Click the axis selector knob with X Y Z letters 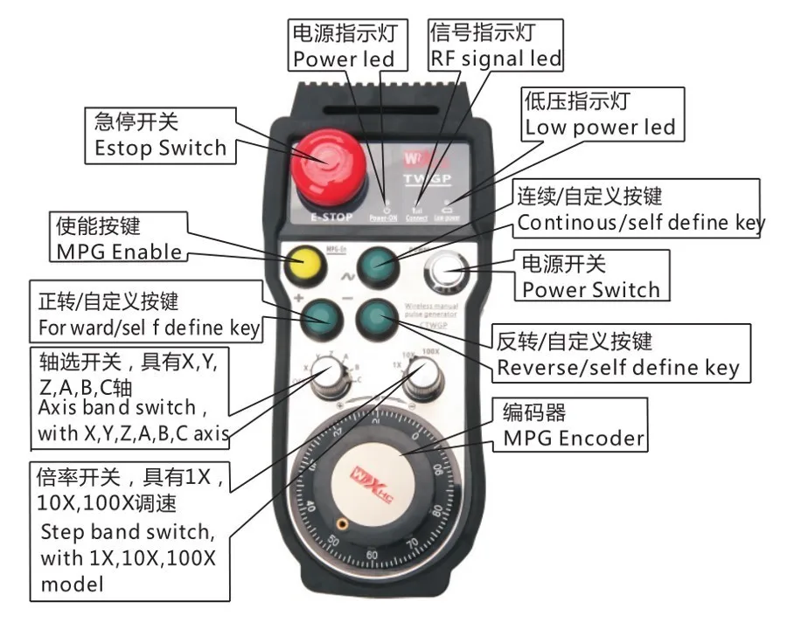pyautogui.click(x=331, y=377)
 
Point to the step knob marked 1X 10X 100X pyautogui.click(x=422, y=377)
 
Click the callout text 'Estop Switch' pyautogui.click(x=172, y=148)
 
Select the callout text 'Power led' pyautogui.click(x=343, y=59)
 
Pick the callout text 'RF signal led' pyautogui.click(x=495, y=59)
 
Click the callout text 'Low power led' pyautogui.click(x=600, y=128)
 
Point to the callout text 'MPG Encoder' pyautogui.click(x=573, y=438)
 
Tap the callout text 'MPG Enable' pyautogui.click(x=120, y=252)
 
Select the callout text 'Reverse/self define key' pyautogui.click(x=617, y=367)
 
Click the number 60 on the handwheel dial pyautogui.click(x=372, y=555)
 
